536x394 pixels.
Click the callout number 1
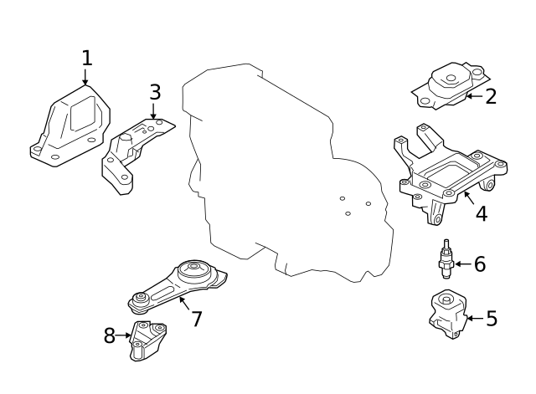point(86,59)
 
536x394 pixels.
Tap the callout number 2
point(491,96)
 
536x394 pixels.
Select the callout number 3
point(155,93)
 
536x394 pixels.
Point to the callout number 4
point(481,213)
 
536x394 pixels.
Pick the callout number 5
point(492,319)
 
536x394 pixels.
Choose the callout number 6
point(480,264)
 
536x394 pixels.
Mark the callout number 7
point(197,319)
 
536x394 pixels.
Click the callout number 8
point(110,336)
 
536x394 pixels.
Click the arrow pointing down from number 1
point(85,78)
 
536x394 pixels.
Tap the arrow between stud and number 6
point(462,264)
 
